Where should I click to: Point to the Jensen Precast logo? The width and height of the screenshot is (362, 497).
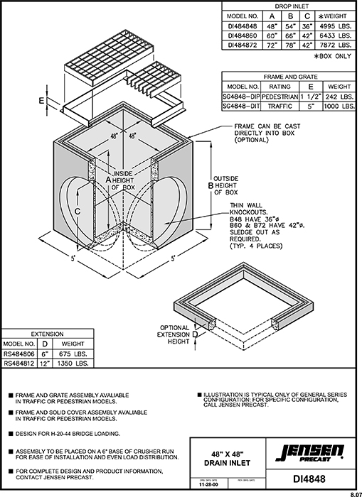click(x=311, y=450)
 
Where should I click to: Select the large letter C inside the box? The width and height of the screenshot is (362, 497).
click(x=78, y=211)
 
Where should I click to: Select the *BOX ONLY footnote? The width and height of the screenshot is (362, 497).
click(x=333, y=55)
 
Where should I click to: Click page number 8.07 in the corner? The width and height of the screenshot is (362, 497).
click(x=353, y=492)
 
